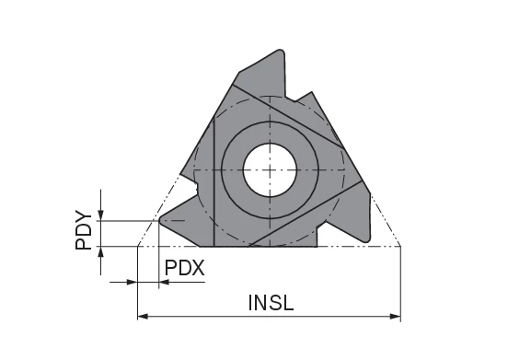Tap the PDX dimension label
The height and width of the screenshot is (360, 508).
(x=184, y=268)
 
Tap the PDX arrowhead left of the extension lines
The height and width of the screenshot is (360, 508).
(x=132, y=282)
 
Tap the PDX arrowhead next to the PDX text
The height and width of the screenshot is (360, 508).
(x=165, y=282)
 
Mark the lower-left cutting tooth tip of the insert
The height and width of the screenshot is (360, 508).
(x=163, y=221)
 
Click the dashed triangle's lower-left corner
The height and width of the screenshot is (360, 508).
(x=137, y=247)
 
